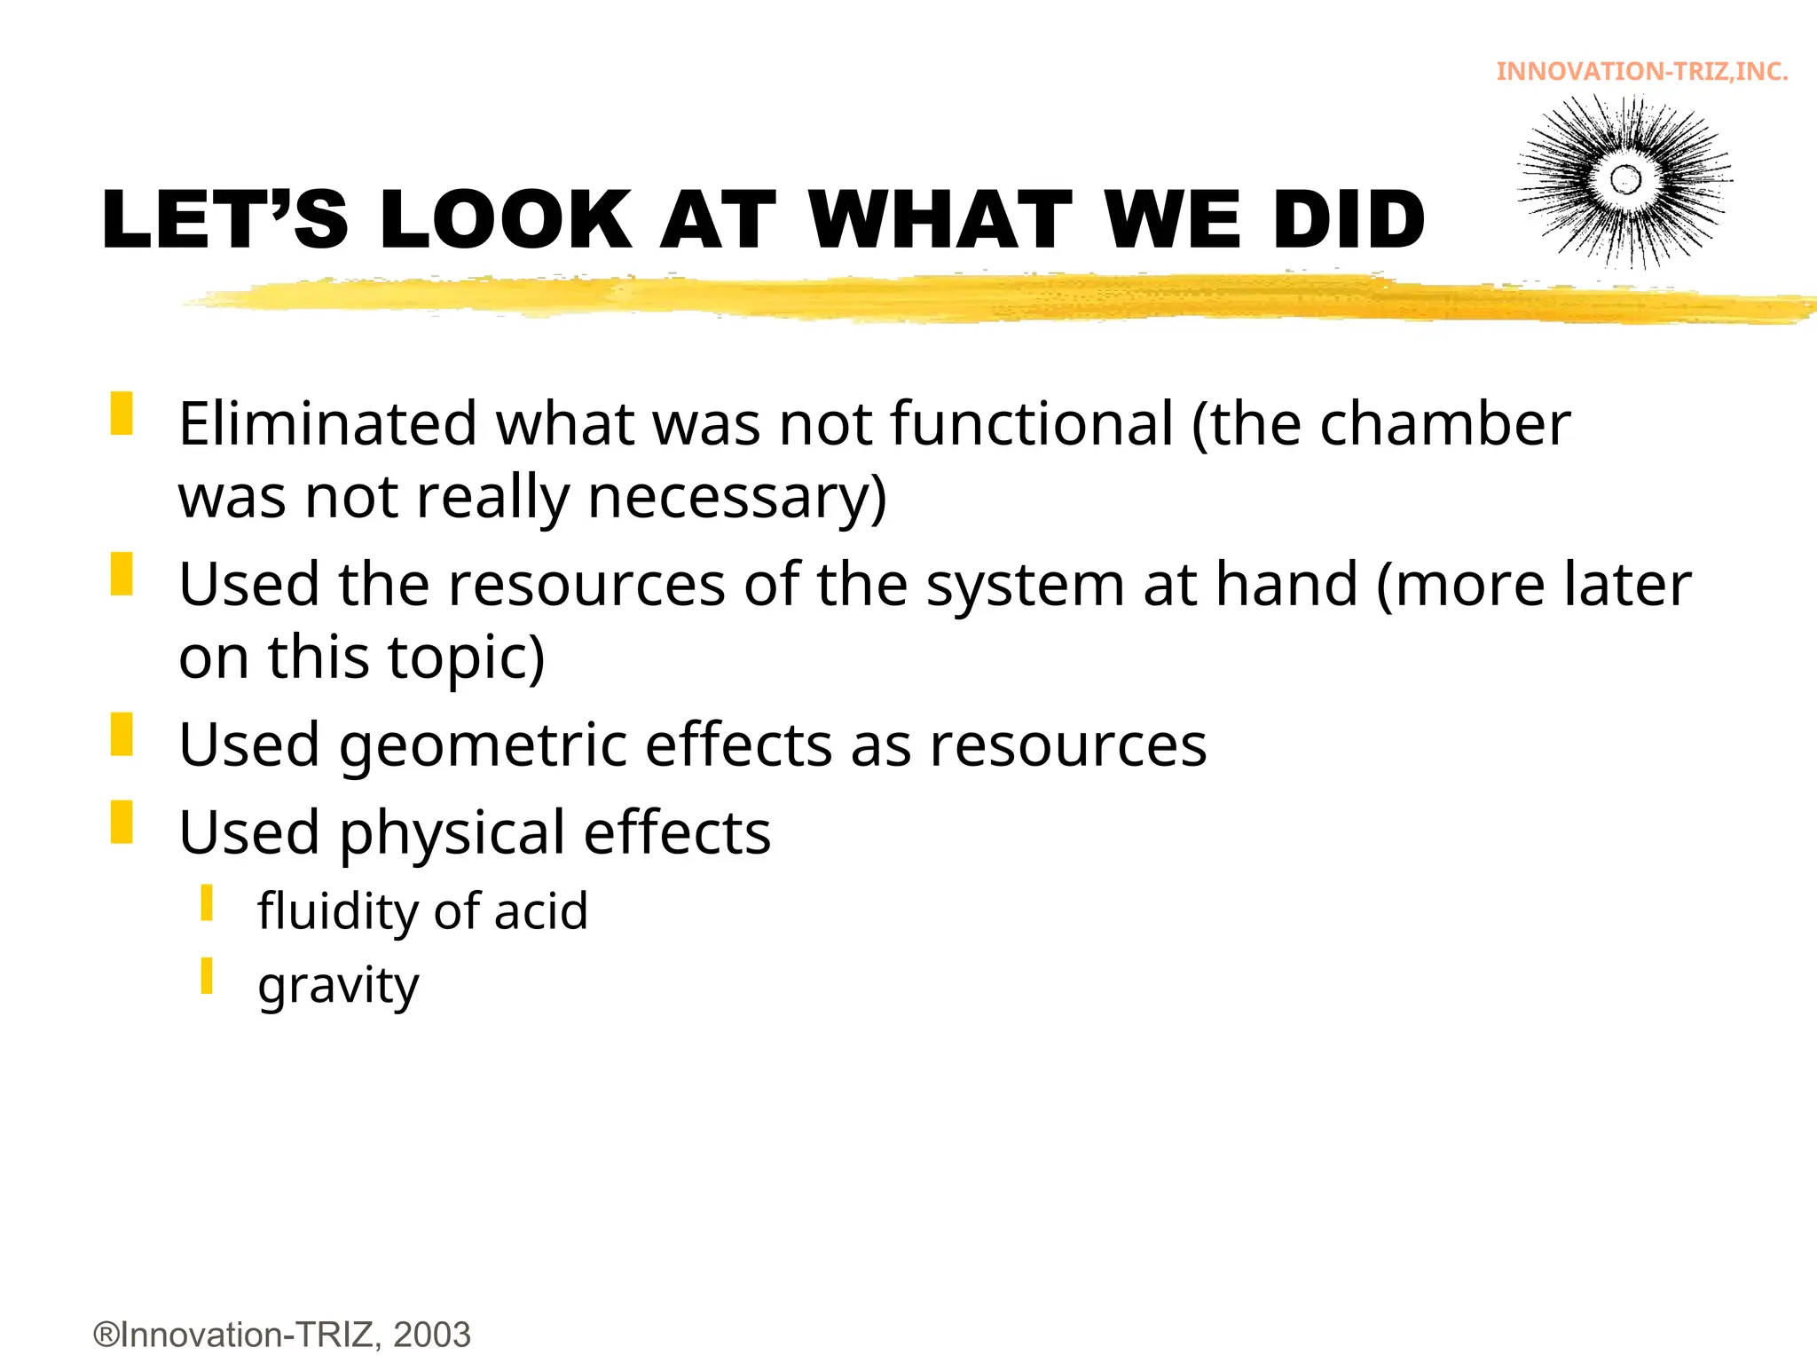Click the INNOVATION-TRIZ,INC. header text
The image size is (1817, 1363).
pos(1641,72)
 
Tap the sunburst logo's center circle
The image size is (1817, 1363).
pos(1625,179)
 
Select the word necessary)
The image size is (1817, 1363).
pos(736,497)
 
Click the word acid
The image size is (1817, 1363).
pos(540,911)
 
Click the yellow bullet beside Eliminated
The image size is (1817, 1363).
pos(122,414)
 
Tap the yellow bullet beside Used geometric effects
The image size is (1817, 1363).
pos(122,735)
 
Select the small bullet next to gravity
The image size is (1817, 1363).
pos(207,975)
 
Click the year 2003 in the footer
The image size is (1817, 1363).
pos(432,1335)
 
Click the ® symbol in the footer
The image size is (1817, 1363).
pos(106,1335)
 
